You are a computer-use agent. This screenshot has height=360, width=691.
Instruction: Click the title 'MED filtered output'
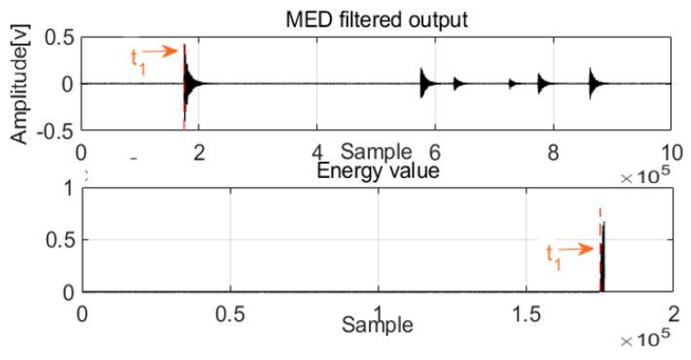pos(377,15)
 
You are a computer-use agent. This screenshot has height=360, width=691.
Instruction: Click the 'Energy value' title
pos(377,171)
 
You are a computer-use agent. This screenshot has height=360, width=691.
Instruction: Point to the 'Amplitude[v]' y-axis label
pos(18,85)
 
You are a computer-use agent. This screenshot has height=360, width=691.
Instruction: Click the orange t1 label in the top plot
pos(138,57)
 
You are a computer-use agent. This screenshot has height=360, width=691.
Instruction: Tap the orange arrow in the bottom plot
pos(579,247)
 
